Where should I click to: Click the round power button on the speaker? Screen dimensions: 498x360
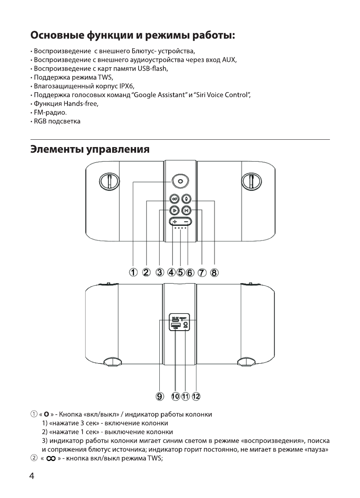click(180, 182)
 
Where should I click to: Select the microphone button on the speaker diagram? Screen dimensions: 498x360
click(187, 199)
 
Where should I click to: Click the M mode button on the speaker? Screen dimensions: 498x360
click(186, 210)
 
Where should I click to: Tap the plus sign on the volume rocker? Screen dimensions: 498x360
click(174, 222)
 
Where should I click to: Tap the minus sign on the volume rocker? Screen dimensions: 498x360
click(186, 222)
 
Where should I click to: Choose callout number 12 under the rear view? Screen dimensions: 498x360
click(197, 396)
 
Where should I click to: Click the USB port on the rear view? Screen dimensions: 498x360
click(175, 325)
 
